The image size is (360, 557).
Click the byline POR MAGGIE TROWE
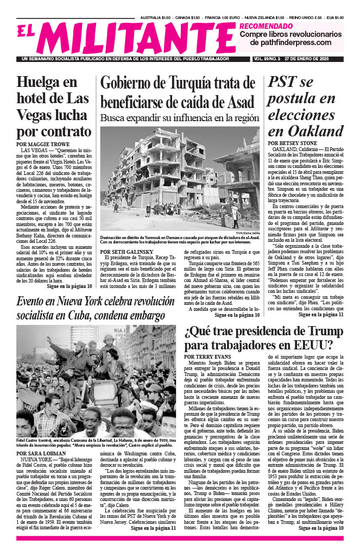point(43,144)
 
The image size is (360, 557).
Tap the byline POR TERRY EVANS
point(209,356)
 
